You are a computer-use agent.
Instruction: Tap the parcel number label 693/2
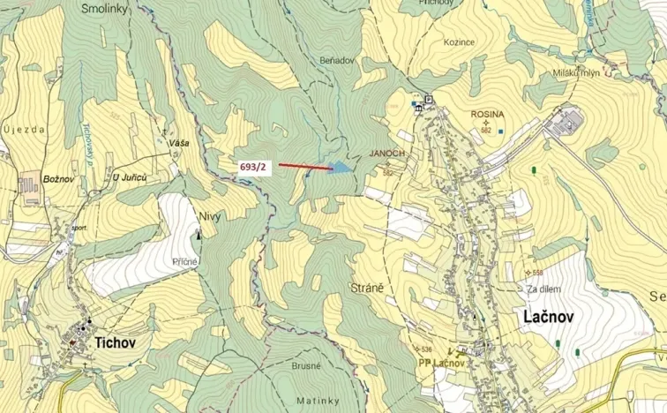[253, 166]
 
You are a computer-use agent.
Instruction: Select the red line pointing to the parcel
[304, 165]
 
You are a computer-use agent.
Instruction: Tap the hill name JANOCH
[387, 153]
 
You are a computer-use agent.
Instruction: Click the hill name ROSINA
[486, 114]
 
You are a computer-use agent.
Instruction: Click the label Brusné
[305, 364]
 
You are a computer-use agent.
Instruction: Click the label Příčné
[185, 262]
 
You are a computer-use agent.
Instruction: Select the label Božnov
[57, 178]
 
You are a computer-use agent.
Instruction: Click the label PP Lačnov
[441, 363]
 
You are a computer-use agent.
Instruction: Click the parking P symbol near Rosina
[429, 100]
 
